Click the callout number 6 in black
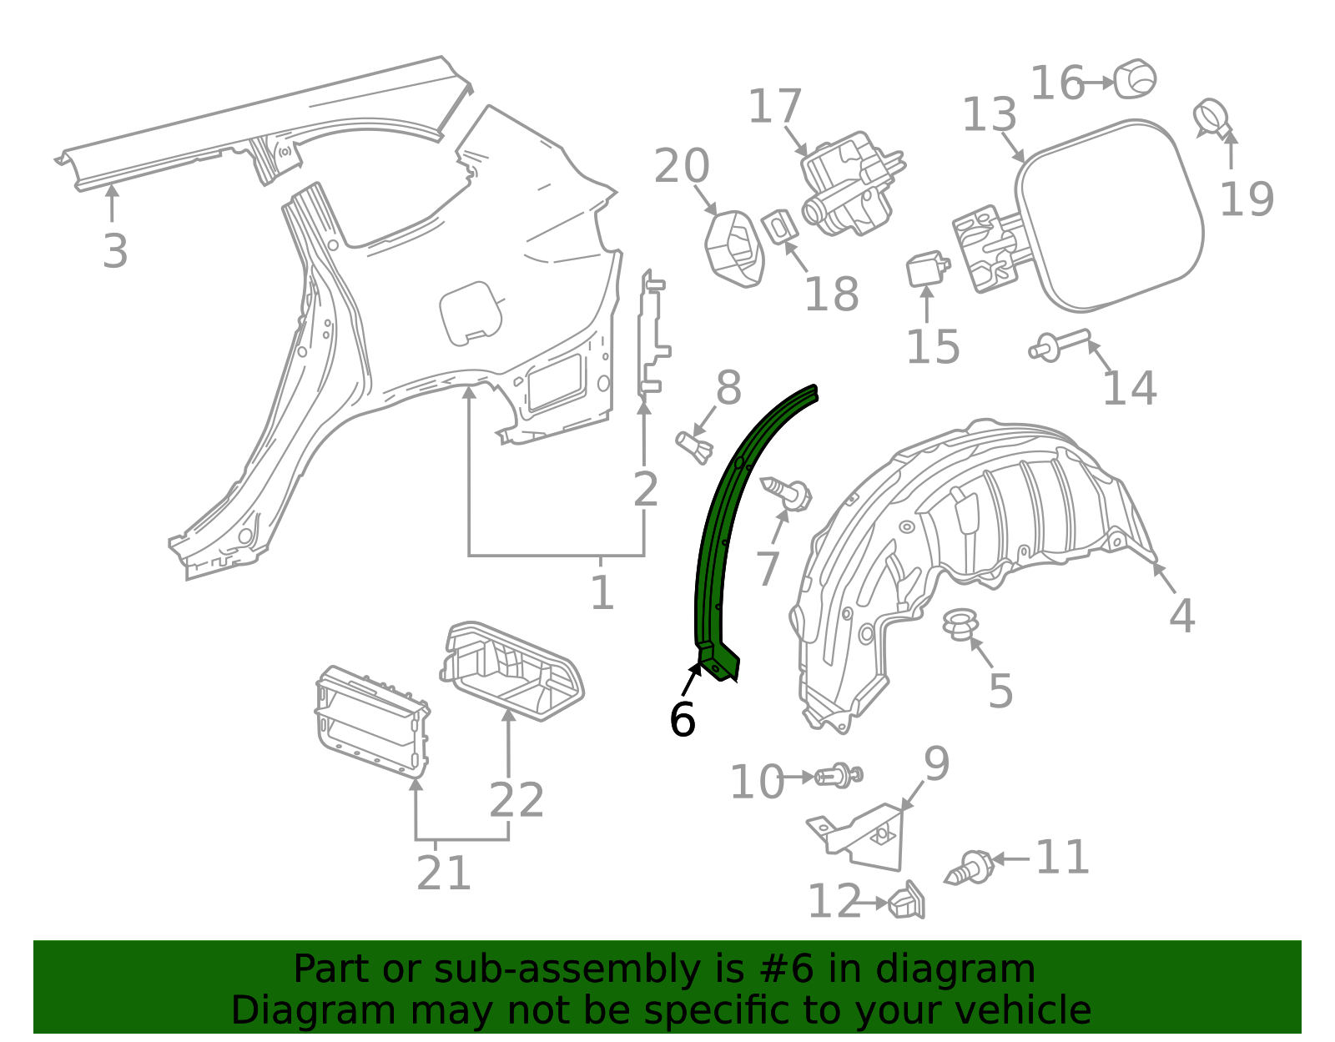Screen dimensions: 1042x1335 (x=682, y=720)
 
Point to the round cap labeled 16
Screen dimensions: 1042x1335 (x=1135, y=78)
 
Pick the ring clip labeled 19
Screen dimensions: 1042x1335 (x=1212, y=118)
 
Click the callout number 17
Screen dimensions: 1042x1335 (x=774, y=107)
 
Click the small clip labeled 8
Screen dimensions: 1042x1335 (x=693, y=445)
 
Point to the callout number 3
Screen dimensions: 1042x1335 (x=115, y=250)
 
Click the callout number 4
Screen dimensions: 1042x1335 (x=1181, y=616)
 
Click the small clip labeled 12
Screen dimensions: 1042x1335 (x=907, y=901)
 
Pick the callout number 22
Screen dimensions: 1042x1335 (x=516, y=800)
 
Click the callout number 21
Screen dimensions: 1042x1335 (x=443, y=873)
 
